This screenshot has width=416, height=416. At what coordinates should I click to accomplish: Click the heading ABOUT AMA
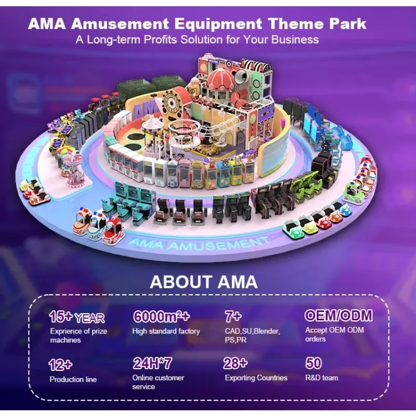[x=203, y=282]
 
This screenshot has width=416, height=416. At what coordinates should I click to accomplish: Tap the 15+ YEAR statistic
[x=76, y=317]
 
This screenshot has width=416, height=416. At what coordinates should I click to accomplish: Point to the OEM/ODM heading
[x=338, y=316]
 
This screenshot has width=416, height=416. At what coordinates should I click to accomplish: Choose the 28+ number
[x=235, y=363]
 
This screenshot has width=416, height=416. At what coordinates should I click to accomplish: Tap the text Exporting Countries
[x=256, y=378]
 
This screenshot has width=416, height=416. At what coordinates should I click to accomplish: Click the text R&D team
[x=322, y=378]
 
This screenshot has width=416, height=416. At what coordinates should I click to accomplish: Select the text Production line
[x=73, y=379]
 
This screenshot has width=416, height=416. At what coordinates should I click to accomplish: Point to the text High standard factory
[x=166, y=331]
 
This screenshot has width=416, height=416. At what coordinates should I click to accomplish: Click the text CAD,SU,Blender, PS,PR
[x=252, y=335]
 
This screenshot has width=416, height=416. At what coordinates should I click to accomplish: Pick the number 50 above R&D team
[x=314, y=363]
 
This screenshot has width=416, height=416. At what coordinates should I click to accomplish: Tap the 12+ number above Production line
[x=60, y=364]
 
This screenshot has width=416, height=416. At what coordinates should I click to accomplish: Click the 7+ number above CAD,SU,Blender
[x=232, y=316]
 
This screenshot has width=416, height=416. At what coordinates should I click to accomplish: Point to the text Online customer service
[x=158, y=382]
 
